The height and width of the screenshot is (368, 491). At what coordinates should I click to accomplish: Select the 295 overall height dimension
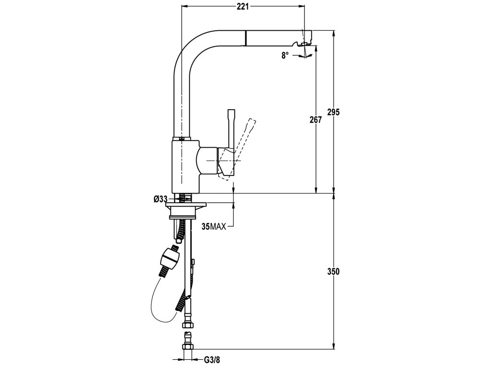coord(333,112)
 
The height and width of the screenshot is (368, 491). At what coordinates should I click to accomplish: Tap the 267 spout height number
coord(315,120)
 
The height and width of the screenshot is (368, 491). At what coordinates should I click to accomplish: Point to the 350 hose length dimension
coord(333,271)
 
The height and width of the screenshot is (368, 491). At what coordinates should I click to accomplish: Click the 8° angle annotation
coord(285,55)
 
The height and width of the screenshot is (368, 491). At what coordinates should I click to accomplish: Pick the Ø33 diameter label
coord(160,199)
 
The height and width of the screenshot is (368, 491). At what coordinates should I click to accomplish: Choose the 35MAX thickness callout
coord(213,227)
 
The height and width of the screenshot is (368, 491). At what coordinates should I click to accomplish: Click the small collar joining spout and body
coord(182,138)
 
